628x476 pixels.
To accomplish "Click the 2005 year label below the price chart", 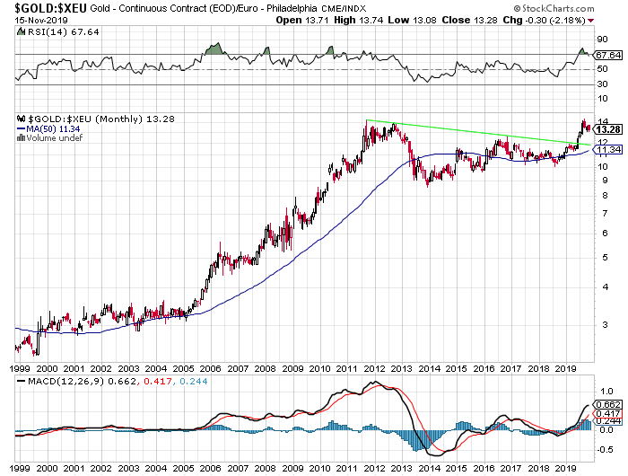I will click(x=184, y=368).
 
